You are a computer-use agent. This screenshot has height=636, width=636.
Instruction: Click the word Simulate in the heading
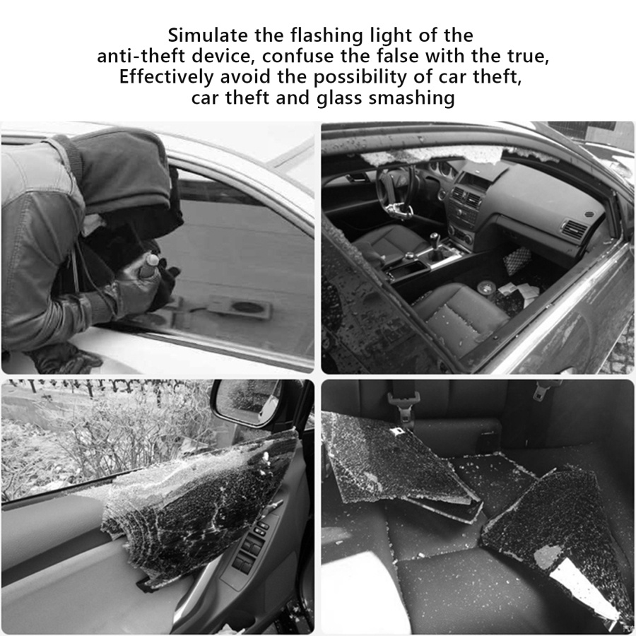[208, 35]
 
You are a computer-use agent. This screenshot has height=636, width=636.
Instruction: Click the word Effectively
[166, 77]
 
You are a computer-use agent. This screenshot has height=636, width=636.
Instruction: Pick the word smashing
[411, 99]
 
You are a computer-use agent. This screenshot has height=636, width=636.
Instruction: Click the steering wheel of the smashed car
[393, 189]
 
